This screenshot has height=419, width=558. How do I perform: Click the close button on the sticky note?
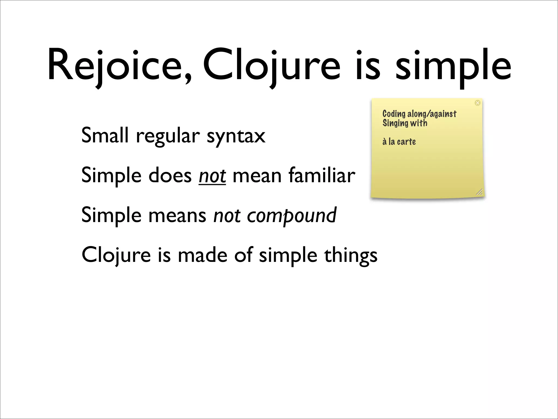[477, 103]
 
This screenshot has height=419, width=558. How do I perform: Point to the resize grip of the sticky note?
[479, 192]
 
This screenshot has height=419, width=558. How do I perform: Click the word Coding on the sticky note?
[394, 114]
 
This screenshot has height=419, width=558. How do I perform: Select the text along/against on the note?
[432, 114]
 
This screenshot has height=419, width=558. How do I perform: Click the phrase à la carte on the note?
[399, 142]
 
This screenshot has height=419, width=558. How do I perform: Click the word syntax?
[236, 136]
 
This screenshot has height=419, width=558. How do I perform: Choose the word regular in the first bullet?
[168, 136]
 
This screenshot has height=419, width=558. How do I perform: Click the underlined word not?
[212, 176]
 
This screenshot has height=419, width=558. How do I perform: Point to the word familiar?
[322, 175]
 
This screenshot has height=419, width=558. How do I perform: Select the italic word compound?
[292, 216]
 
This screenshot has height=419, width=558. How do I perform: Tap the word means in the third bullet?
[177, 216]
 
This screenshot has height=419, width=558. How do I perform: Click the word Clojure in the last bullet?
[116, 255]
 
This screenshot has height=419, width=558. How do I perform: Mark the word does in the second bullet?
[170, 175]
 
